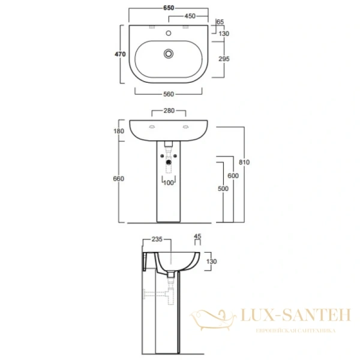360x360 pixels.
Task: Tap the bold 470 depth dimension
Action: click(119, 55)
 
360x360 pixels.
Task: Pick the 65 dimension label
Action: click(220, 22)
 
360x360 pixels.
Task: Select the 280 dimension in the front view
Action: click(168, 110)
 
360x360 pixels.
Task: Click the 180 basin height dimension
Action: click(118, 131)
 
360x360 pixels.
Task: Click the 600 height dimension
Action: click(233, 176)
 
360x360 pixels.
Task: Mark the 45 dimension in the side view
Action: click(199, 236)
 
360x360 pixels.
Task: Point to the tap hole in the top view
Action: click(169, 34)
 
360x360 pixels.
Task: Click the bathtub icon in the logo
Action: click(212, 318)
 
